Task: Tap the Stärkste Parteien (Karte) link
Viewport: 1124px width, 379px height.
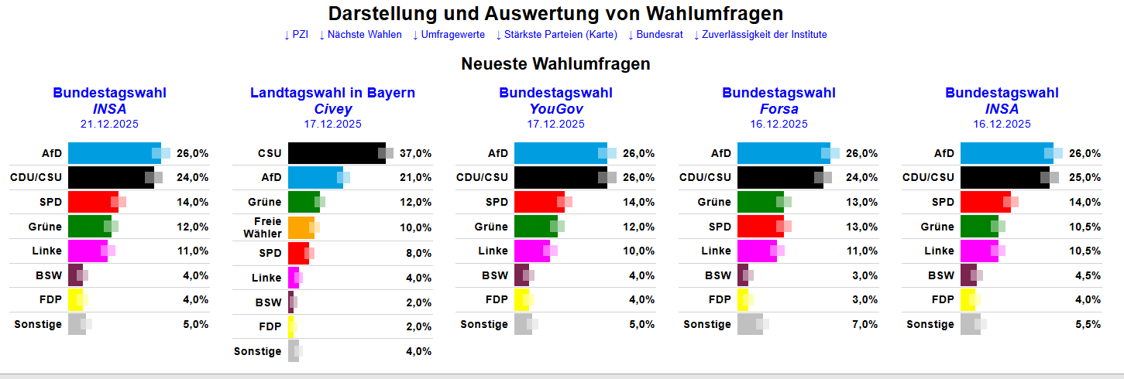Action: coord(556,35)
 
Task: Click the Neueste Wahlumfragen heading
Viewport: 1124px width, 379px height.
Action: coord(555,64)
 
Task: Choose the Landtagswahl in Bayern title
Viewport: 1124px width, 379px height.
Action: coord(332,93)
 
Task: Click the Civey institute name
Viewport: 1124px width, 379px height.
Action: coord(332,109)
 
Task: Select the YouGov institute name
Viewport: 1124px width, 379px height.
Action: coord(555,109)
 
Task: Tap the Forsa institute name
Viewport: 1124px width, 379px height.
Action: coord(779,109)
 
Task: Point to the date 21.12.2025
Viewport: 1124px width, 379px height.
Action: coord(109,124)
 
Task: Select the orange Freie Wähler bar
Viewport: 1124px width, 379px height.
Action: coord(301,227)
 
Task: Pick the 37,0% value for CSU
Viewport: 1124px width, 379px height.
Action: coord(415,154)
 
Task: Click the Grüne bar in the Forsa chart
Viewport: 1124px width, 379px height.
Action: coord(760,202)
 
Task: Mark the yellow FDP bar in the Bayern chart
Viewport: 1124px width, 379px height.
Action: coord(290,326)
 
